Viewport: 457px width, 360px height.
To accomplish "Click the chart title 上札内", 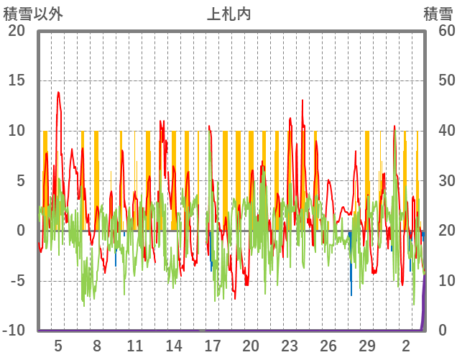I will pos(228,14).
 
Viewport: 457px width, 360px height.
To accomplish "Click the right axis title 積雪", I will pos(438,14).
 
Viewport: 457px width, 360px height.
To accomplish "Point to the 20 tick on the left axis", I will pos(16,31).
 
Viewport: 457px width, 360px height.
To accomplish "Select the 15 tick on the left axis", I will pos(16,80).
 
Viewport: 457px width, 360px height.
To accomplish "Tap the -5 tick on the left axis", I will pos(16,281).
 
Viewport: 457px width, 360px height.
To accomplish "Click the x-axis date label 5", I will pos(58,346).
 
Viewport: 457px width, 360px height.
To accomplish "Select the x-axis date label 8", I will pos(96,346).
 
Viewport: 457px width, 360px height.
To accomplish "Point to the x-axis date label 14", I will pos(173,346).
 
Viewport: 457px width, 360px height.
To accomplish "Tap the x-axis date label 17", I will pos(212,346).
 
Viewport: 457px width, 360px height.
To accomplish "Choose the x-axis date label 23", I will pos(289,346).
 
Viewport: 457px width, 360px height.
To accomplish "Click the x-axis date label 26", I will pos(328,346).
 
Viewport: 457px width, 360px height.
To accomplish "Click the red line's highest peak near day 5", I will pos(58,92).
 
